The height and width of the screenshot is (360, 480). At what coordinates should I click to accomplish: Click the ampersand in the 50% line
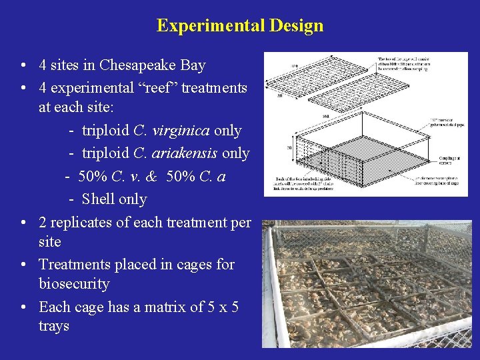tap(151, 177)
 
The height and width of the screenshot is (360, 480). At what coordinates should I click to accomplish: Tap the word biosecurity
tap(74, 284)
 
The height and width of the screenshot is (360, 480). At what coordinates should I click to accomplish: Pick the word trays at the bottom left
tap(54, 326)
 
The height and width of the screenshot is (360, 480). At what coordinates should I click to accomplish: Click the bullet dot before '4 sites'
tap(23, 66)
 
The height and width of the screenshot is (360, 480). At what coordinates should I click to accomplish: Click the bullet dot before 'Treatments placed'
tap(23, 265)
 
